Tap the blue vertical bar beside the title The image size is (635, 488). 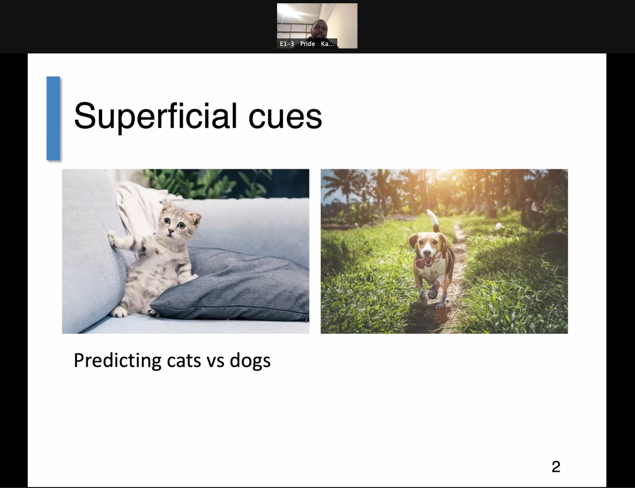coord(53,118)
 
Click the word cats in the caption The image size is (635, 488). coord(184,361)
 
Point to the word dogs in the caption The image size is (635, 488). coord(250,361)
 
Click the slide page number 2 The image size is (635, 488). coord(556,467)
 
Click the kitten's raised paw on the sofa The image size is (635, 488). coord(113,237)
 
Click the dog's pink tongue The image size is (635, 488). coord(421,263)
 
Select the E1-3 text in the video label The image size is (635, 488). coord(287,44)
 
